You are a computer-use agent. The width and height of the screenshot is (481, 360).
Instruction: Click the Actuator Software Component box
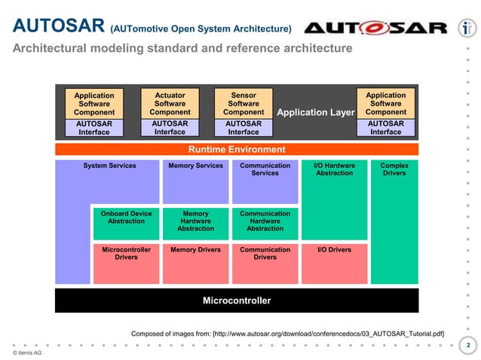click(170, 104)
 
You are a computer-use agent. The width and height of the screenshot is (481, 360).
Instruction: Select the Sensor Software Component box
click(244, 104)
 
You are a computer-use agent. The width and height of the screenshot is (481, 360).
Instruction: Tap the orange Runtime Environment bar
click(237, 149)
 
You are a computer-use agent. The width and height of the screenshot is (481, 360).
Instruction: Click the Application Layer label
click(315, 113)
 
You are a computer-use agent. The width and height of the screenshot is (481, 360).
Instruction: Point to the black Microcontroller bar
click(237, 301)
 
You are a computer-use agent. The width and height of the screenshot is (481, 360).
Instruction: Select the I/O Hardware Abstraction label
click(334, 169)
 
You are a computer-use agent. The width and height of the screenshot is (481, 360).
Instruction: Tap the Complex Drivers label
click(394, 169)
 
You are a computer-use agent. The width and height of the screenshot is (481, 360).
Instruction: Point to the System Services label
click(110, 166)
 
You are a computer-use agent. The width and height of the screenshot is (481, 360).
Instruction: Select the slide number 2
click(467, 345)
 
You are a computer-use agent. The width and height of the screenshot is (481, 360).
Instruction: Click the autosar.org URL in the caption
click(329, 333)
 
